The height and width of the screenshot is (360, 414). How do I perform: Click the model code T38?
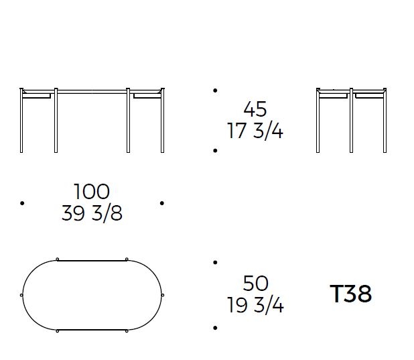351,294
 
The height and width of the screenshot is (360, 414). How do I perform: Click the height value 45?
255,109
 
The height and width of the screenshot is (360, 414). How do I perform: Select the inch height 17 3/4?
255,131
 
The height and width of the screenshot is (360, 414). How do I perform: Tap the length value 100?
92,192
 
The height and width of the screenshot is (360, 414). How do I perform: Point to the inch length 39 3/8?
92,213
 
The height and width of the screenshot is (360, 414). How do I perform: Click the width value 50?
256,284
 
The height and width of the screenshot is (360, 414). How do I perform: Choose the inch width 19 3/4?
255,305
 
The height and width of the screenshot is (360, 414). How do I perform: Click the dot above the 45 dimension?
215,91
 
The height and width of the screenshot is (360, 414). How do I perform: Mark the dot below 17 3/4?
215,151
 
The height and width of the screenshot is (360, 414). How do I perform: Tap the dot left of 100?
22,203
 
